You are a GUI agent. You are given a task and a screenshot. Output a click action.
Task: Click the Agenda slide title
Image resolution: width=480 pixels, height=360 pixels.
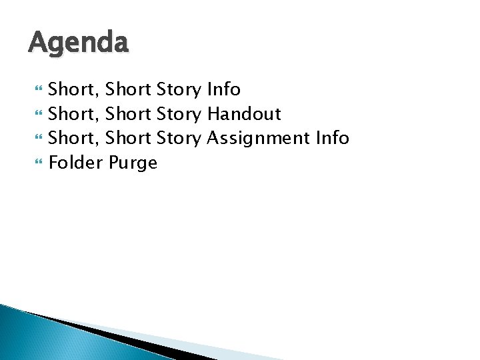click(78, 44)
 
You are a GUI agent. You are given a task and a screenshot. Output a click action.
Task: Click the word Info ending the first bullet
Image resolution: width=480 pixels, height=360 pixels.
click(223, 89)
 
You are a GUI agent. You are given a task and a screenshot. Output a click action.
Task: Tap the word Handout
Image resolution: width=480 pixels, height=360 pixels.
click(243, 114)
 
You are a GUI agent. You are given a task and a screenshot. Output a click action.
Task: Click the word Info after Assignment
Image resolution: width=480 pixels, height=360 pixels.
click(332, 138)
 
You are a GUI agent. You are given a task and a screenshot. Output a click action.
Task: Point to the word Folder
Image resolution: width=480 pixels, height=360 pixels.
click(75, 163)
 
